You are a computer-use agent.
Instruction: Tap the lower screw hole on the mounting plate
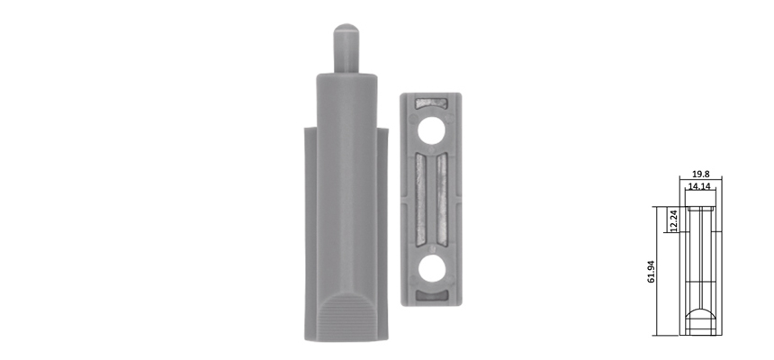[x=431, y=267]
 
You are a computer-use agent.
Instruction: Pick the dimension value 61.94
[x=652, y=270]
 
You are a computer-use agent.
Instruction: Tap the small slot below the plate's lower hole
[x=430, y=295]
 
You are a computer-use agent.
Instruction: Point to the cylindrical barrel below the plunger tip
[x=346, y=117]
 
